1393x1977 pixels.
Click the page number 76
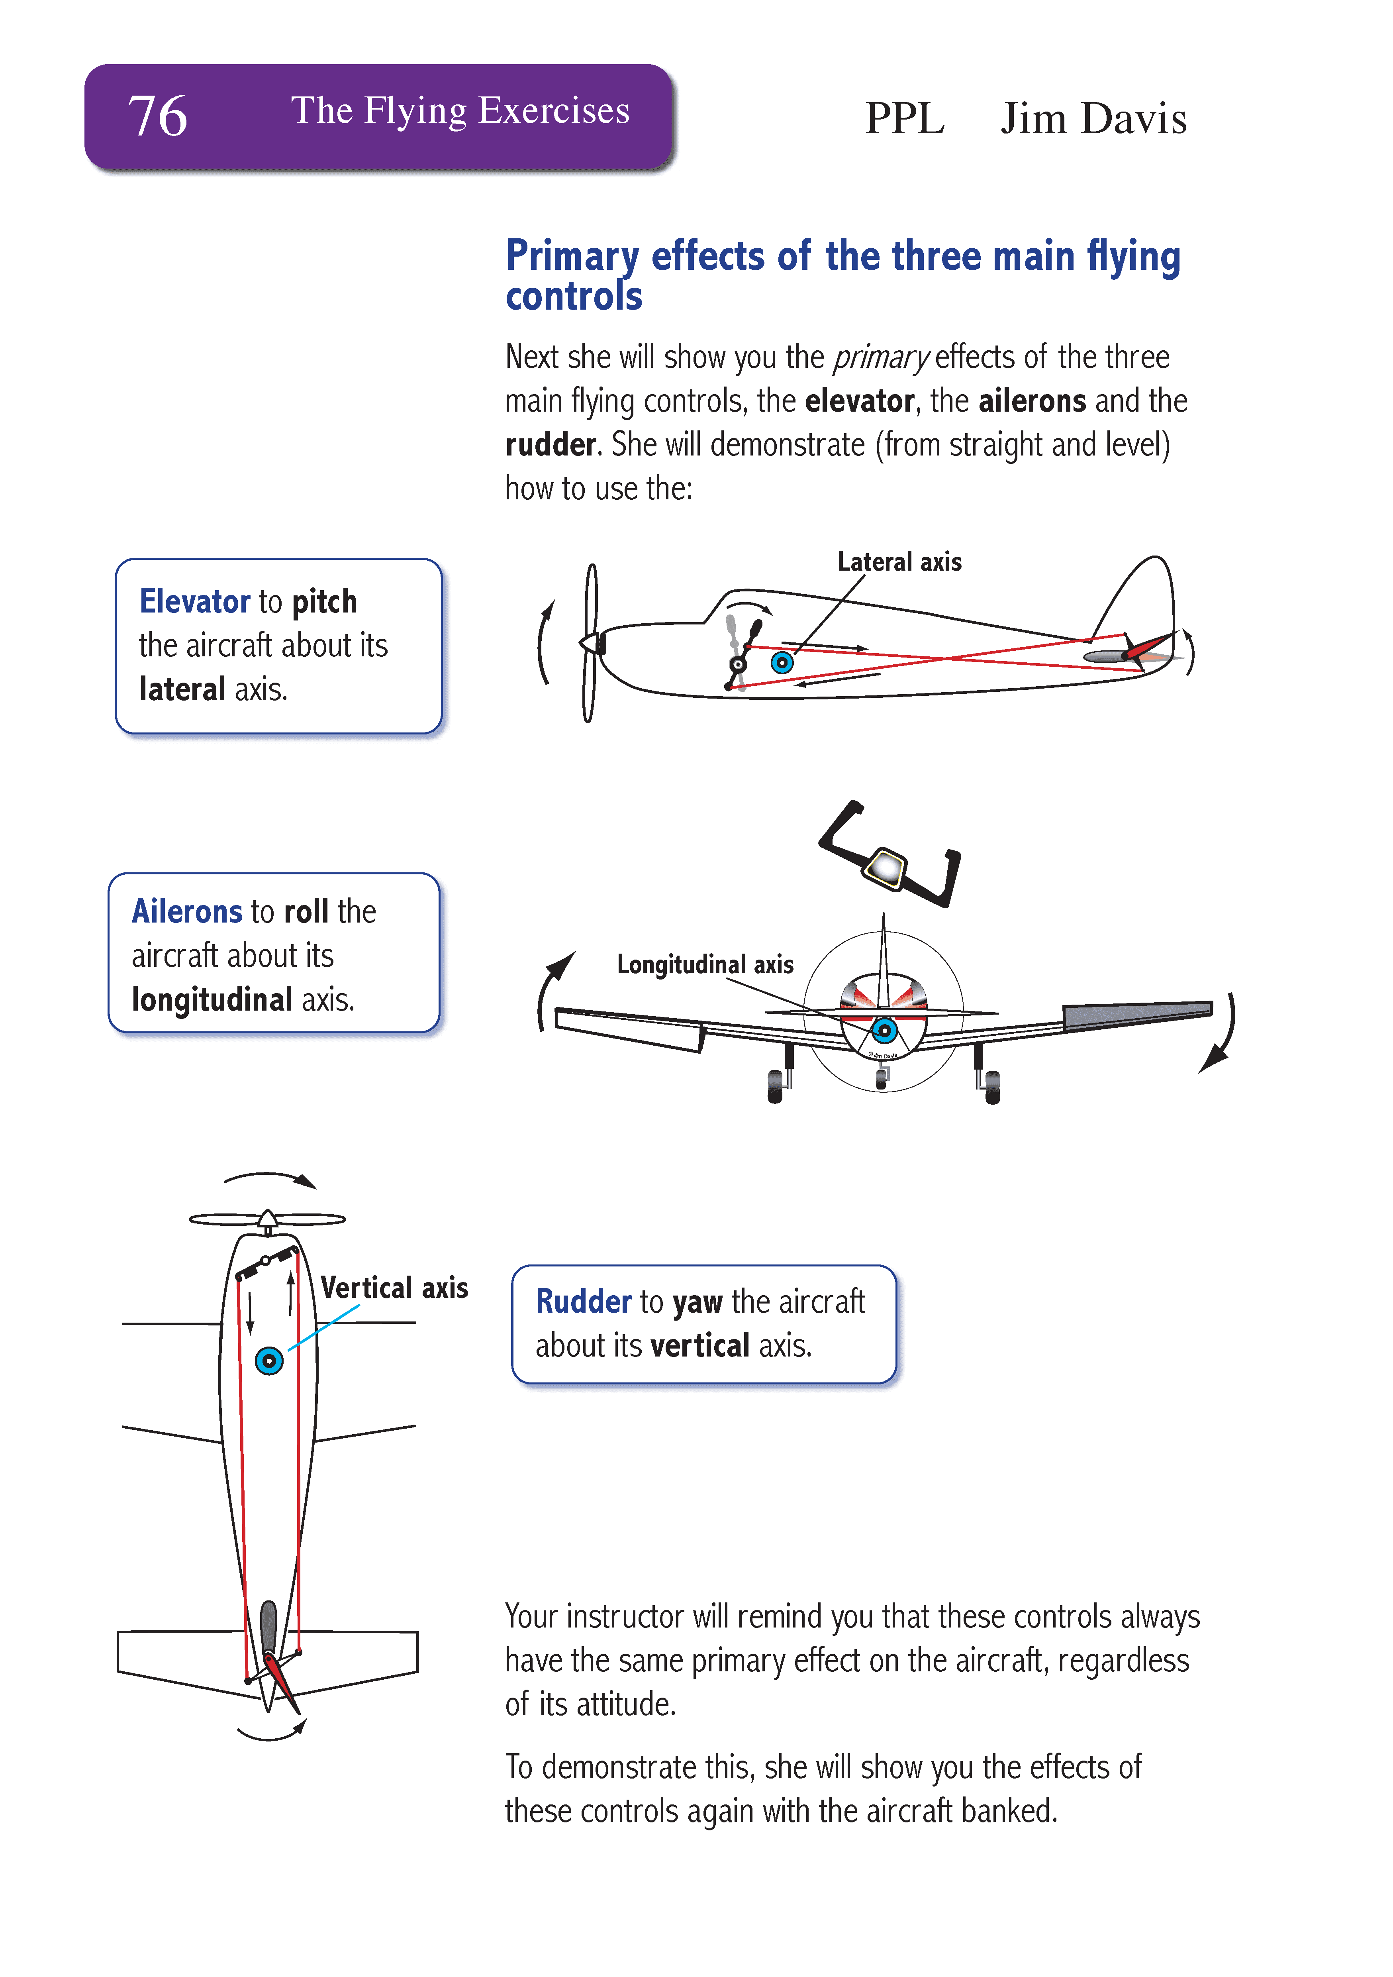tap(158, 116)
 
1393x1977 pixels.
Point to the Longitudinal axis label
tap(704, 964)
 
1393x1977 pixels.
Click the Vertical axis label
tap(394, 1288)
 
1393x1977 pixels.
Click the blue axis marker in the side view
tap(782, 662)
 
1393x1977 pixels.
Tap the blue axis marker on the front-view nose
tap(884, 1030)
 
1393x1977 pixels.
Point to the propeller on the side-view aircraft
tap(590, 643)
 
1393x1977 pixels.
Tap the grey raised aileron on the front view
tap(1136, 1014)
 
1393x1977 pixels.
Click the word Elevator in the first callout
tap(194, 601)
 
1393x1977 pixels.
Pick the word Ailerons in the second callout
tap(187, 911)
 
